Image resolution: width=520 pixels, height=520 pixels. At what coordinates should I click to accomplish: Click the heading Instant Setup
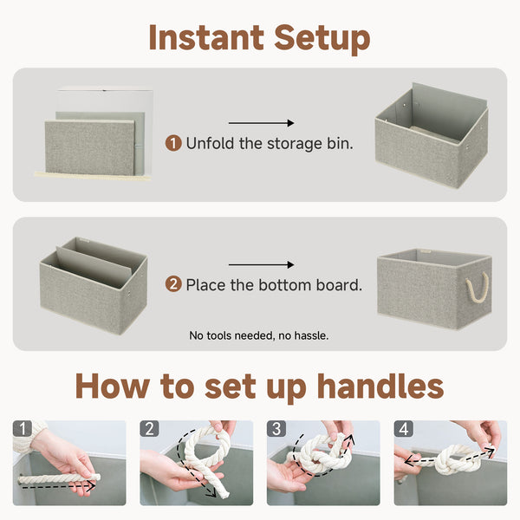click(259, 37)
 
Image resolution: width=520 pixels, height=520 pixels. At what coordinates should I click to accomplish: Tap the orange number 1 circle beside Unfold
click(173, 143)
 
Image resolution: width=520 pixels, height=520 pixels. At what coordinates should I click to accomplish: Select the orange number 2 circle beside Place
click(173, 284)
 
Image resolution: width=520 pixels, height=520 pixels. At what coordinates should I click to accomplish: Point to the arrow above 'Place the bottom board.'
click(261, 265)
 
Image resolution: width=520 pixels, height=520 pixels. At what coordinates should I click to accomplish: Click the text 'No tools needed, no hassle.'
click(259, 335)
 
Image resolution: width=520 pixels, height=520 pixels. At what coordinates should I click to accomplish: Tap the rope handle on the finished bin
click(478, 287)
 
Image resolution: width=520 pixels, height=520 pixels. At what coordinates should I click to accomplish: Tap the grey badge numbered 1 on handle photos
click(23, 429)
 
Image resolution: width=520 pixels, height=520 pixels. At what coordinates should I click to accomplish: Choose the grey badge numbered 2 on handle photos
click(149, 429)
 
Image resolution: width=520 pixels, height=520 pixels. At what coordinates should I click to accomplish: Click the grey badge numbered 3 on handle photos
click(276, 429)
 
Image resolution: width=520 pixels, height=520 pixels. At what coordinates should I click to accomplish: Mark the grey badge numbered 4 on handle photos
click(403, 429)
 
